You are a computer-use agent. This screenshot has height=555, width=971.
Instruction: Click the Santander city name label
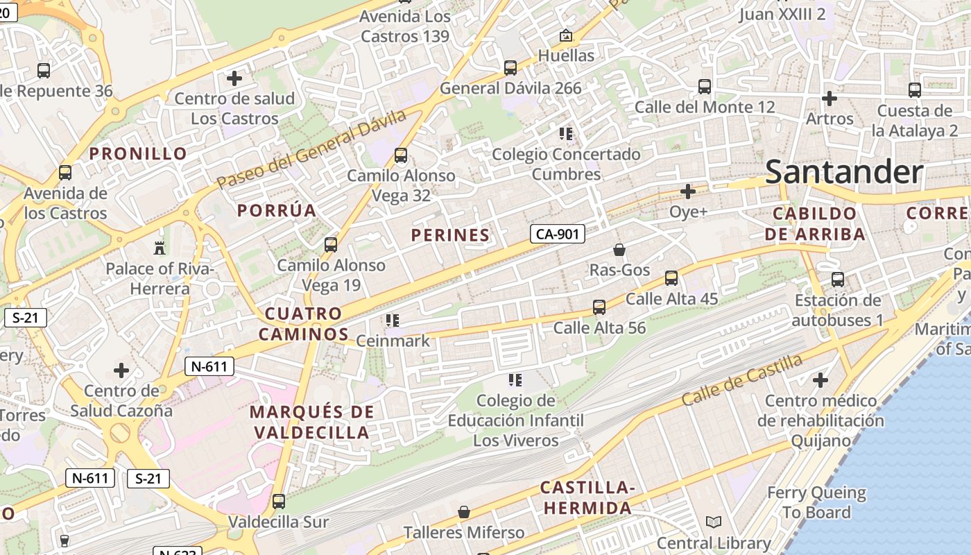[x=844, y=172]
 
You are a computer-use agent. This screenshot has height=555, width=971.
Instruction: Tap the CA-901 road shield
[x=558, y=234]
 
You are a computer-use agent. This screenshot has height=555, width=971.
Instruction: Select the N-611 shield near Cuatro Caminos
[x=209, y=366]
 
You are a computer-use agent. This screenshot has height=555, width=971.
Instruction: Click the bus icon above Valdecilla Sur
[x=279, y=501]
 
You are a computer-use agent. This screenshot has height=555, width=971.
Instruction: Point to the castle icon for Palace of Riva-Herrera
[x=160, y=248]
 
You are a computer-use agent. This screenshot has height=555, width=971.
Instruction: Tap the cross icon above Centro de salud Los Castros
[x=234, y=78]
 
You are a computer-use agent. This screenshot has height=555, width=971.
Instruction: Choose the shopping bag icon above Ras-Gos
[x=619, y=250]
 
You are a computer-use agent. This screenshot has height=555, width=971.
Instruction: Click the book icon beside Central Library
[x=713, y=522]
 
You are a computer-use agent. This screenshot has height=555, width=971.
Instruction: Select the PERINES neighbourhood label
[x=450, y=235]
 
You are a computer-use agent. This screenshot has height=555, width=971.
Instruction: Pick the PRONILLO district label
[x=139, y=153]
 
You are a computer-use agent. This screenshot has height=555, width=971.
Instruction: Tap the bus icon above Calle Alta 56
[x=599, y=307]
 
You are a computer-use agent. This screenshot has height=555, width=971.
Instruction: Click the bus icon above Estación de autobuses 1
[x=838, y=280]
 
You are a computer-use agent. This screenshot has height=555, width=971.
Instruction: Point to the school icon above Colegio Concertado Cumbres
[x=565, y=133]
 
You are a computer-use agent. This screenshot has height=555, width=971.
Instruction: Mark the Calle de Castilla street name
[x=741, y=381]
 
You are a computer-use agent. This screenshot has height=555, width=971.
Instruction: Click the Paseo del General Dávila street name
[x=310, y=150]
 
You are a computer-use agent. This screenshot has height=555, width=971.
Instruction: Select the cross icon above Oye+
[x=688, y=191]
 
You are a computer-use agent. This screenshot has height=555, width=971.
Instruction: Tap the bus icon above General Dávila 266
[x=510, y=68]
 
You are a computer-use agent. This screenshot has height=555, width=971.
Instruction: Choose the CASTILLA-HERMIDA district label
[x=587, y=497]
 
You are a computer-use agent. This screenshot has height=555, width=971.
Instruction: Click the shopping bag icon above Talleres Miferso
[x=464, y=512]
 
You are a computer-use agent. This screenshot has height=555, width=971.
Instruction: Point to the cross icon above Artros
[x=829, y=98]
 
